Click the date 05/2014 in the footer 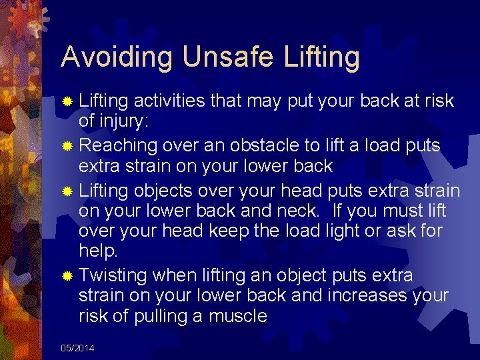[x=77, y=348]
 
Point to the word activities [x=169, y=101]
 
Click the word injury [x=125, y=122]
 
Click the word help [x=98, y=252]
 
